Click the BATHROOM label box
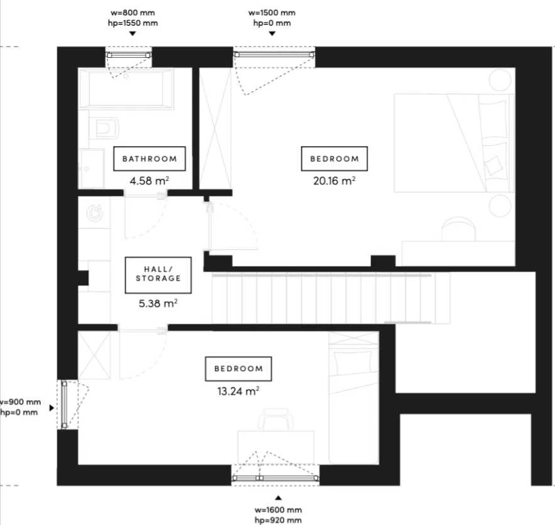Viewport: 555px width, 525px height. click(149, 159)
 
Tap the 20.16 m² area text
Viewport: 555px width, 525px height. click(334, 181)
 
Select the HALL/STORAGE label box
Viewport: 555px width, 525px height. click(158, 275)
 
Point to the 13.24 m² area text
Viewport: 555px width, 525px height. click(238, 391)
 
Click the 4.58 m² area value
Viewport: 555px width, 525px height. click(149, 181)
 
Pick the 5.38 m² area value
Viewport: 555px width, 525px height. click(158, 303)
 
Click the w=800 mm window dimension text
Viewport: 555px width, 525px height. click(132, 13)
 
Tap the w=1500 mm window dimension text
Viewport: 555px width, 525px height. click(272, 13)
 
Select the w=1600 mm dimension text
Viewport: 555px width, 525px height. click(278, 510)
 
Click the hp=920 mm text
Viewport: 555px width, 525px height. click(278, 520)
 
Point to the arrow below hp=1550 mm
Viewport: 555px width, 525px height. click(132, 34)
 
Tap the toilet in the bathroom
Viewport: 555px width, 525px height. click(104, 129)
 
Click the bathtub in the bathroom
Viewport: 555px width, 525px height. click(126, 88)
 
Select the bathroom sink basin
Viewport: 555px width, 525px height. click(92, 169)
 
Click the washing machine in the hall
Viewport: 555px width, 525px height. click(94, 212)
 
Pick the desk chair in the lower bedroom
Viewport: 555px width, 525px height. click(276, 419)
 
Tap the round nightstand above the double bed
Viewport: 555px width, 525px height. click(500, 80)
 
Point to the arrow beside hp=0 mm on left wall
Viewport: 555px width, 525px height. click(51, 408)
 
